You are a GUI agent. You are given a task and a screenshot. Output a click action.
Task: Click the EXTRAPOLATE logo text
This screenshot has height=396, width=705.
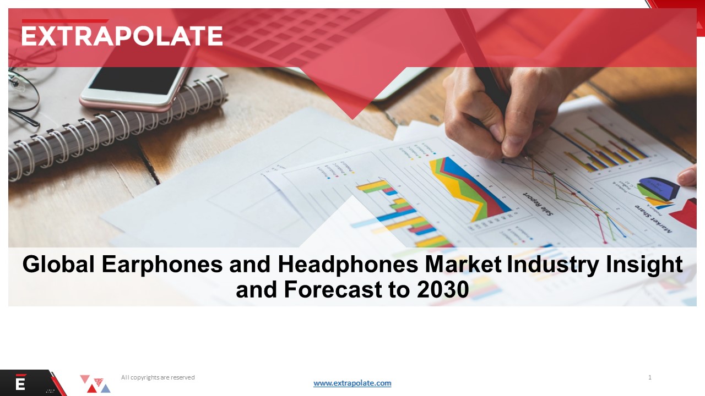tap(122, 36)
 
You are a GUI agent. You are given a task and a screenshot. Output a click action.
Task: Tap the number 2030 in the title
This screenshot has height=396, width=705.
tap(442, 289)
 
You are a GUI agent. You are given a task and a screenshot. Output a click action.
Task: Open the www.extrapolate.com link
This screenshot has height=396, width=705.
tap(352, 383)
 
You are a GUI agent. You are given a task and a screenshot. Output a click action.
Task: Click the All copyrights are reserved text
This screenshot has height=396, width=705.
tap(158, 377)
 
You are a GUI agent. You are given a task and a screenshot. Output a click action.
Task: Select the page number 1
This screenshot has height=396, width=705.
tap(650, 377)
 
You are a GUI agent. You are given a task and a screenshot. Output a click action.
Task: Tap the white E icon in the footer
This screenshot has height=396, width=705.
tap(20, 383)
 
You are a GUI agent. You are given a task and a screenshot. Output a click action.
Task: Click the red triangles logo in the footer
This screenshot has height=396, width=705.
tap(95, 384)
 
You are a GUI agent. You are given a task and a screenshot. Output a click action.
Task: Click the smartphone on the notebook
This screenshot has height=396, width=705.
tap(135, 85)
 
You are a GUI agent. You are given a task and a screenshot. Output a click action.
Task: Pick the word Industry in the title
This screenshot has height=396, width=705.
tap(552, 265)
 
